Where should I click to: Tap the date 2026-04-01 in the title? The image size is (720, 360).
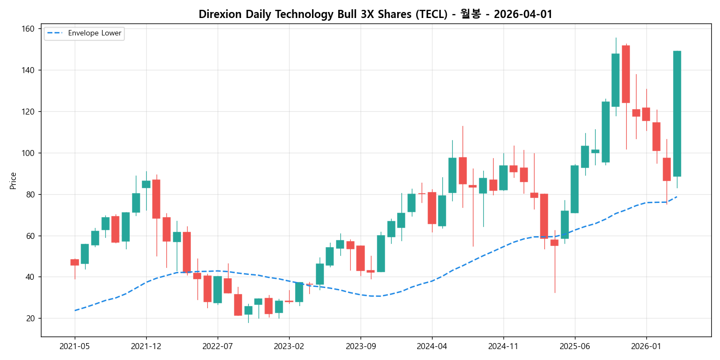(x=523, y=15)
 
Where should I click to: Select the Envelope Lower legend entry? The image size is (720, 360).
(x=91, y=33)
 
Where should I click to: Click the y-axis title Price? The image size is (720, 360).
(x=13, y=181)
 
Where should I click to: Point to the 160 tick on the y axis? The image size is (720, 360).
(x=28, y=29)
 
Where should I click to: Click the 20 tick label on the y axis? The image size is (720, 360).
(x=31, y=319)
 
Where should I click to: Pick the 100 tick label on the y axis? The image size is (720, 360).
(x=28, y=153)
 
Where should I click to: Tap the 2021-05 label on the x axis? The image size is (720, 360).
(x=75, y=346)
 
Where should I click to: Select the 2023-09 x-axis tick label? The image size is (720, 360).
(x=361, y=346)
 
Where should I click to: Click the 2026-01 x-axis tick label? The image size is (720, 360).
(x=646, y=346)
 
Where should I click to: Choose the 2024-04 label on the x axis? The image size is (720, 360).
(x=432, y=346)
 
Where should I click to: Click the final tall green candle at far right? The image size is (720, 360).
(x=677, y=113)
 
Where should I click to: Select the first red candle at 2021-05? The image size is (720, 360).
(x=75, y=262)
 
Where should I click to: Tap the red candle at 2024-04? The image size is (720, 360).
(x=432, y=208)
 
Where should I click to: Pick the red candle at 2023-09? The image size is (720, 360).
(x=361, y=258)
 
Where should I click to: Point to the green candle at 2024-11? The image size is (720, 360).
(x=503, y=178)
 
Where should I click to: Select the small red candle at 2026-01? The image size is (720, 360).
(x=646, y=114)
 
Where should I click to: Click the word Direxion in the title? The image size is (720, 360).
(x=220, y=15)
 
